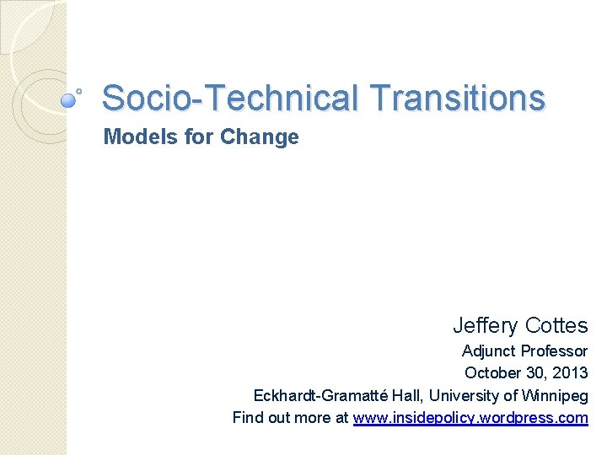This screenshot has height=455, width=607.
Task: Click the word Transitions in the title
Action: click(458, 98)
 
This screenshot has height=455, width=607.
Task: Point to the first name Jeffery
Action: click(486, 325)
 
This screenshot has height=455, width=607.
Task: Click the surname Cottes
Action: click(556, 325)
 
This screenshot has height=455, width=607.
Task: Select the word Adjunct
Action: click(490, 351)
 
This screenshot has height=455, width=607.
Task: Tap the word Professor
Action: click(556, 351)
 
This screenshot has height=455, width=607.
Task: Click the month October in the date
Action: click(493, 373)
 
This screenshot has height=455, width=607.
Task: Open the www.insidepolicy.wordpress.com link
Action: click(470, 418)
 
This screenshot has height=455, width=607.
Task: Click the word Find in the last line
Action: click(247, 418)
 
